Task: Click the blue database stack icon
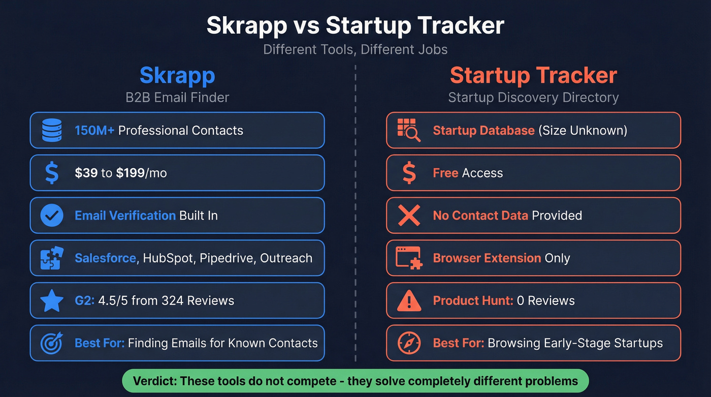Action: point(51,131)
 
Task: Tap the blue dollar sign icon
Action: point(51,173)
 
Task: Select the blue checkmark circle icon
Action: point(51,216)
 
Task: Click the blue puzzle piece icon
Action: point(51,258)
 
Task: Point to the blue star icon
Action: point(51,300)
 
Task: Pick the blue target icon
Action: point(51,343)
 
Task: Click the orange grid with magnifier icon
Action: point(408,131)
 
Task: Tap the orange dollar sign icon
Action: point(408,173)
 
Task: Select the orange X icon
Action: point(408,216)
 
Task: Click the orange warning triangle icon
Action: point(408,300)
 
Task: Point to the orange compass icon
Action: point(408,343)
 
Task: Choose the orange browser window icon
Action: point(408,258)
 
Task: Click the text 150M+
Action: point(94,131)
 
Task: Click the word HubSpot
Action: point(168,258)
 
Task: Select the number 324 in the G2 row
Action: point(173,300)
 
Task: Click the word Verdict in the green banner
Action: point(153,381)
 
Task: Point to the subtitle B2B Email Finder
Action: point(177,97)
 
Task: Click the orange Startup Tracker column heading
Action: point(533,76)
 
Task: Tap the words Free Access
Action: point(468,173)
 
